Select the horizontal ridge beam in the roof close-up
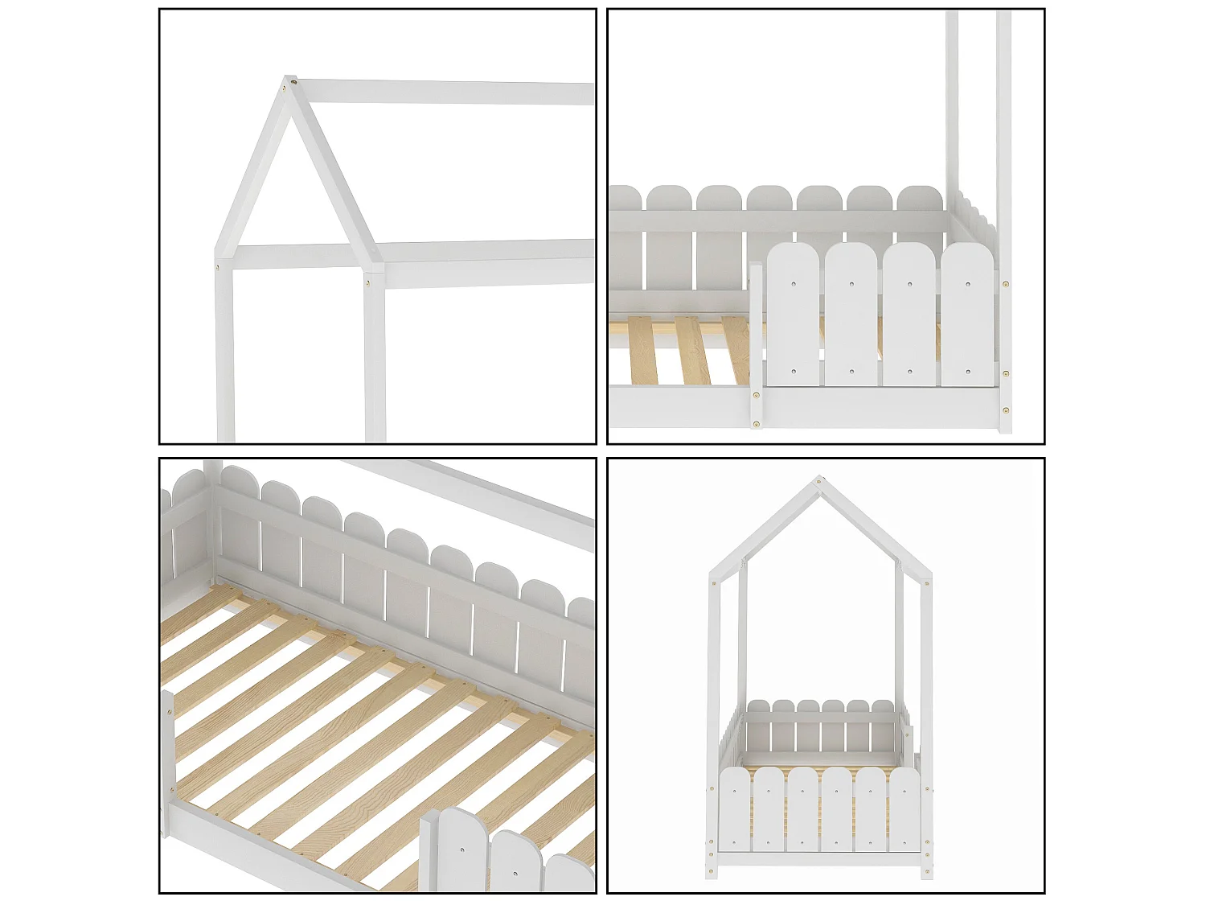(442, 92)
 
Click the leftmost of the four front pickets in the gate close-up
(793, 318)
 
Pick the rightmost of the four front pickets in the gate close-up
(967, 318)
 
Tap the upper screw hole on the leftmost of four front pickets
(794, 283)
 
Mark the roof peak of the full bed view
(819, 480)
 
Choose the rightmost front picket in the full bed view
(904, 808)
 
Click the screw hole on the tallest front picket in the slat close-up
(463, 847)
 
